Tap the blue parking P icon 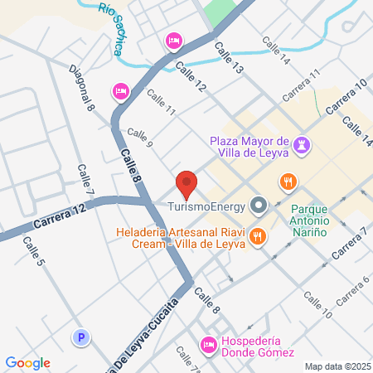pos(80,337)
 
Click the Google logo pos(27,362)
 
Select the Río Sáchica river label pos(109,28)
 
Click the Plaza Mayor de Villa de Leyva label pos(249,146)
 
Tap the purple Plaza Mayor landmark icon pos(302,145)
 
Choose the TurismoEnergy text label pos(206,205)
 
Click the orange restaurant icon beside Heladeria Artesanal pos(258,236)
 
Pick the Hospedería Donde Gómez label pos(257,346)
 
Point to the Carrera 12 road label pos(61,220)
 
